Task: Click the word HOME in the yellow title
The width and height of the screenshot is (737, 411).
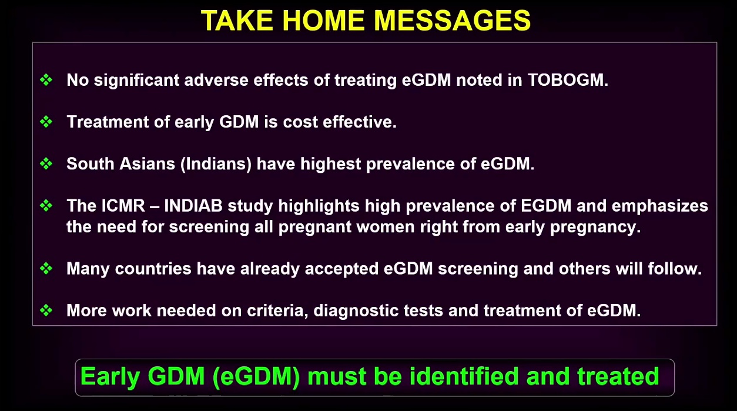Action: pos(323,21)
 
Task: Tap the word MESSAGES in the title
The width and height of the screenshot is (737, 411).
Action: pos(453,21)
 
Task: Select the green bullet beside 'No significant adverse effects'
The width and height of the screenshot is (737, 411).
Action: pos(46,79)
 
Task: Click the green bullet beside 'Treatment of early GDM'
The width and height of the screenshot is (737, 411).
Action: pos(46,122)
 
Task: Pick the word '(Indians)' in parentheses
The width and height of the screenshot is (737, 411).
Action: pos(216,164)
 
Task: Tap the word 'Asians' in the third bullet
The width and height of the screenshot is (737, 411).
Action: pos(147,163)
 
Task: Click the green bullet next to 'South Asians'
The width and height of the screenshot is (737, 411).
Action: pos(46,163)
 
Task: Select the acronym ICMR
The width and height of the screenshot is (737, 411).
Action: pos(123,206)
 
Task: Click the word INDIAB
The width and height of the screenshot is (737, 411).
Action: pos(193,206)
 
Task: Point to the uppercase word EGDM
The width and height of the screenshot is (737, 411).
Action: pos(546,206)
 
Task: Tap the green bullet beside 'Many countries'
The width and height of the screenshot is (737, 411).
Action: pos(46,268)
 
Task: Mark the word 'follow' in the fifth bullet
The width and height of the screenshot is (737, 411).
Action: pos(672,269)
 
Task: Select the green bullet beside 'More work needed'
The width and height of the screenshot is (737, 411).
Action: pos(46,310)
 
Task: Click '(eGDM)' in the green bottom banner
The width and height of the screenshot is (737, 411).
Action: pos(256,376)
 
